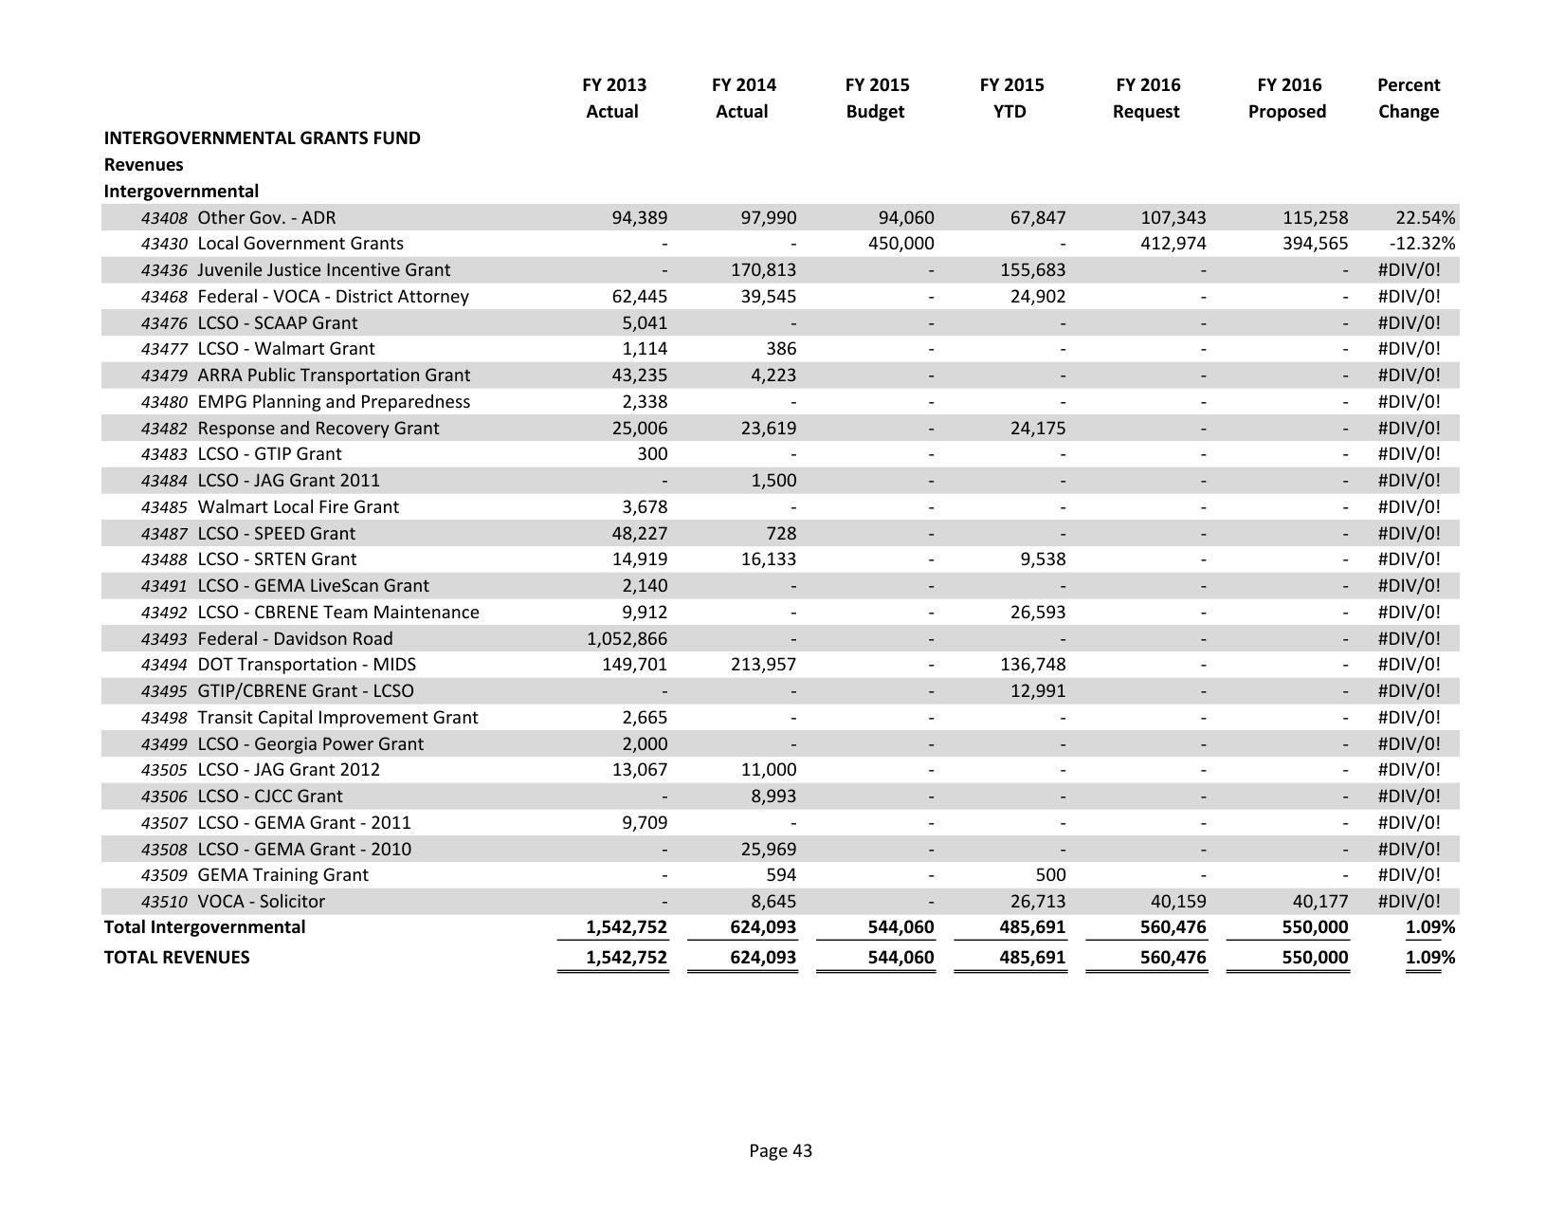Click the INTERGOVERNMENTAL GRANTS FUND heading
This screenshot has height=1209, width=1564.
(262, 138)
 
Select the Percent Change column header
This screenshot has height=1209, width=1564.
(1408, 98)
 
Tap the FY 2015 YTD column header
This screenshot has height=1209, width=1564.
(1011, 98)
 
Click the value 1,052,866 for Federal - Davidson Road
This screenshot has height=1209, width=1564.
(627, 639)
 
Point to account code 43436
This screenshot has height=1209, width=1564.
(163, 270)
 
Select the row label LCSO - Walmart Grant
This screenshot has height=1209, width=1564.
(285, 349)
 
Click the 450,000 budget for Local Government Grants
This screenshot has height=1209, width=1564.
(900, 244)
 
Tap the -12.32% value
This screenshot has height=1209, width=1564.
(1421, 244)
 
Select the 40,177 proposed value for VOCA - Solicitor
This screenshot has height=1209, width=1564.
(1318, 902)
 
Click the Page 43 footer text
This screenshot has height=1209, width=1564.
(780, 1151)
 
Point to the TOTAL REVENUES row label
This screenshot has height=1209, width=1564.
(176, 958)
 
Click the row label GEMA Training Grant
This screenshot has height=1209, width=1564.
(282, 875)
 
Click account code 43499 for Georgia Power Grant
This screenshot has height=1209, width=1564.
(163, 744)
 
